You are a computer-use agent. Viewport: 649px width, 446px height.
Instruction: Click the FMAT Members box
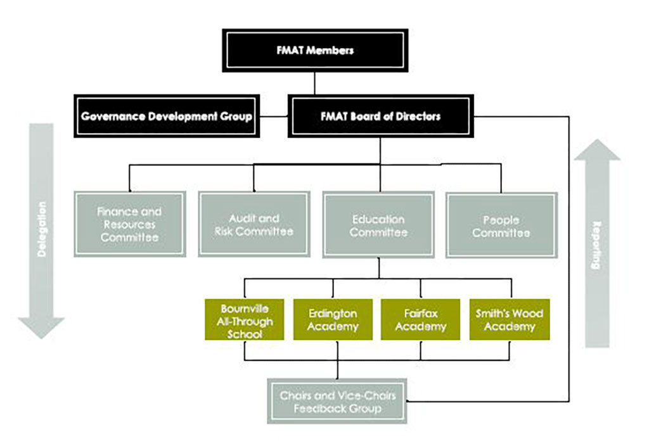click(315, 50)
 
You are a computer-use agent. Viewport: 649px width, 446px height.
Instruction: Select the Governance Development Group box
click(167, 117)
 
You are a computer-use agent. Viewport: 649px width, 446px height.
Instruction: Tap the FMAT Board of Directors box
click(380, 117)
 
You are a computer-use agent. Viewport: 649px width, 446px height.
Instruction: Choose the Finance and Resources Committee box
click(130, 224)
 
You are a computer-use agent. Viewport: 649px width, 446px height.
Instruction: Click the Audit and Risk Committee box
click(254, 224)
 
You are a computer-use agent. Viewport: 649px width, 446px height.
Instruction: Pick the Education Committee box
click(378, 225)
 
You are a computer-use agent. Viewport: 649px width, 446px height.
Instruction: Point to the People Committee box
click(501, 226)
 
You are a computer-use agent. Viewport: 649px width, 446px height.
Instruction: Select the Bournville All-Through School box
click(245, 320)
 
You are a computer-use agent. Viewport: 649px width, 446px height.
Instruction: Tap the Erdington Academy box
click(333, 320)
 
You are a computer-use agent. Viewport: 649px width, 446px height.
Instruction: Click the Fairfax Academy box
click(421, 320)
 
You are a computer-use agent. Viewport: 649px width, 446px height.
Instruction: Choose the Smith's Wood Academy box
click(509, 320)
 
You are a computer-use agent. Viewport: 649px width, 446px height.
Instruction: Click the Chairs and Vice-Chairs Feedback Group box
click(337, 402)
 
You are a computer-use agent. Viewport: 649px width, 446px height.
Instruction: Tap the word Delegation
click(42, 228)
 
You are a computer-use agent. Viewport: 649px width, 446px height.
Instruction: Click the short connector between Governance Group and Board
click(274, 117)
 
